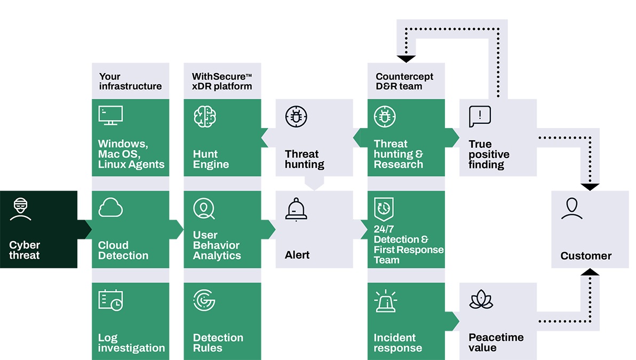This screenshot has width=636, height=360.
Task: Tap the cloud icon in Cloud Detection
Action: coord(110,208)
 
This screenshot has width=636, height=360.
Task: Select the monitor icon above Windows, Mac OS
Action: coord(110,115)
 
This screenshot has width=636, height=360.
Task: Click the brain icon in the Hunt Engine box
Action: coord(204,116)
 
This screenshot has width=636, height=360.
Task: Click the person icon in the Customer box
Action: coord(571,209)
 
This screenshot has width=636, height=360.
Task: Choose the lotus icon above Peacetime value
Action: coord(481,300)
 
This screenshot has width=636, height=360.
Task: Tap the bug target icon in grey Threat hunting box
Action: coord(296,116)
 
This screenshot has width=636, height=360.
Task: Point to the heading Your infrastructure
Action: coord(130,81)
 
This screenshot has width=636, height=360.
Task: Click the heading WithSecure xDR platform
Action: coord(222,81)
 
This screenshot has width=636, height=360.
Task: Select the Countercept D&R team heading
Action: coord(404,81)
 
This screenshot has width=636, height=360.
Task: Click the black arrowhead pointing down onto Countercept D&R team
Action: coord(406,59)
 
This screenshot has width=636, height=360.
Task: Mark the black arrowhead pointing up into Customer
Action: coord(590,272)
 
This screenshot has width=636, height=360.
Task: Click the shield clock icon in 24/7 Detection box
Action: coord(384,209)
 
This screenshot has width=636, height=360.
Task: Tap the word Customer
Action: coord(586,256)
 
